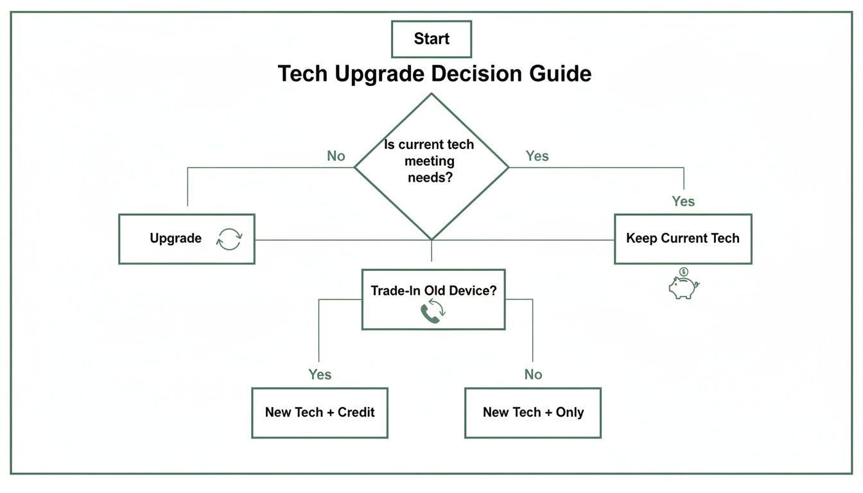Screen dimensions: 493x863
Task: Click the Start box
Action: click(x=431, y=39)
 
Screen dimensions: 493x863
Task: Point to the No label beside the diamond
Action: click(x=336, y=156)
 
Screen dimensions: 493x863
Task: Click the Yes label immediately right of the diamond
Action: click(x=537, y=156)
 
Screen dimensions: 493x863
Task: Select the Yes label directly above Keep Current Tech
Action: click(x=683, y=202)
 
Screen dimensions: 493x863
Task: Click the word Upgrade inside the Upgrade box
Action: click(x=175, y=238)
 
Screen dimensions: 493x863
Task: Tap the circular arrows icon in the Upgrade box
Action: click(x=229, y=239)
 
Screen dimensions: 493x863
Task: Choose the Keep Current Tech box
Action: click(x=683, y=239)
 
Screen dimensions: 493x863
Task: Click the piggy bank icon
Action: click(x=683, y=288)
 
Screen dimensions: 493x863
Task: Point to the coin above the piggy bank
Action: click(x=684, y=272)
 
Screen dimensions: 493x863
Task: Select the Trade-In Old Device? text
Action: click(x=433, y=290)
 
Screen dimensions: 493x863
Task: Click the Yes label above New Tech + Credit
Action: click(x=320, y=374)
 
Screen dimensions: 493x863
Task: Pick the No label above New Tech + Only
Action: click(x=533, y=374)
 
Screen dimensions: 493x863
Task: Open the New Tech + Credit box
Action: click(x=320, y=413)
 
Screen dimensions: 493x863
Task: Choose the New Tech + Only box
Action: click(x=533, y=413)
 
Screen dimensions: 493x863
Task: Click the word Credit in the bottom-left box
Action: click(x=356, y=412)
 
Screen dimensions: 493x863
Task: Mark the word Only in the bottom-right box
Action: click(x=570, y=412)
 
